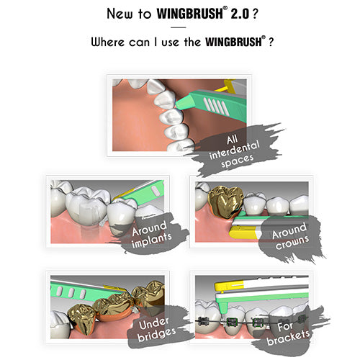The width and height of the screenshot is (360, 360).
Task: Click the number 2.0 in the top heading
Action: pos(240,14)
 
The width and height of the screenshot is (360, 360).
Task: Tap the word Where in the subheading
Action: pos(107,42)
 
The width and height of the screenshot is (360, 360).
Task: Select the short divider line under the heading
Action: pos(179,27)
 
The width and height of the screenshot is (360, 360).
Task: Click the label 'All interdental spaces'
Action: pos(234,150)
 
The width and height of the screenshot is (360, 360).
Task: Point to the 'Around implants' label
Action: pos(152,234)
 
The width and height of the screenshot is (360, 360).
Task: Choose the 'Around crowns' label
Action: pos(290,236)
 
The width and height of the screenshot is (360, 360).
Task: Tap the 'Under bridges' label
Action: pos(156,329)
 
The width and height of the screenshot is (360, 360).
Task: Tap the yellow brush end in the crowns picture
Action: pos(243,232)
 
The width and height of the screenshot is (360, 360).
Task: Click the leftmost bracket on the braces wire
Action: pos(204,320)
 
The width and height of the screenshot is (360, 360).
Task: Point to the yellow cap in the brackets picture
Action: pos(230,287)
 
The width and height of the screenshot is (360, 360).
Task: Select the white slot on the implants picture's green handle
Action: pos(156,192)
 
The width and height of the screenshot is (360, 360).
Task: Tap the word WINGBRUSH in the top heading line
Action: pos(190,14)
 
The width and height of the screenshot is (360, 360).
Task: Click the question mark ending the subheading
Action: pos(271,42)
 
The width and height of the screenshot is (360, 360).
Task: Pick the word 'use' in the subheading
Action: pos(170,43)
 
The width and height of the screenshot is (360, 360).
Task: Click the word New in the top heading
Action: pos(120,14)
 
